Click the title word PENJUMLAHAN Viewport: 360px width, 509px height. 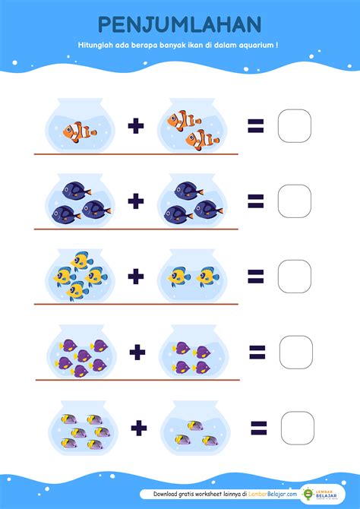(x=179, y=24)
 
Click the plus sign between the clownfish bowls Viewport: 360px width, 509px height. (x=136, y=126)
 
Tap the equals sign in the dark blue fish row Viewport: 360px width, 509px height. (x=256, y=201)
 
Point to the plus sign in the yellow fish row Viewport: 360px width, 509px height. (x=136, y=277)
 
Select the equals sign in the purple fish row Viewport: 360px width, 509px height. (x=257, y=353)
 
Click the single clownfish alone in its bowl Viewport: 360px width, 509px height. (x=80, y=131)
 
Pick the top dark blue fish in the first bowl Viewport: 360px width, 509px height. (x=77, y=191)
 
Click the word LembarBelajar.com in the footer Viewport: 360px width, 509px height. (x=273, y=494)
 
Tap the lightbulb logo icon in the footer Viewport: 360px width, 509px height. (x=308, y=494)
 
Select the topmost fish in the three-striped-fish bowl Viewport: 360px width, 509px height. (x=195, y=425)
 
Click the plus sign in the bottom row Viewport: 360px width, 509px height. (x=139, y=428)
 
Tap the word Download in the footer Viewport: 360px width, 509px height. (x=166, y=494)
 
